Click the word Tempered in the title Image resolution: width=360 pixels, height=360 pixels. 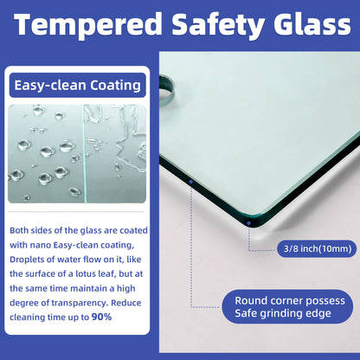click(x=88, y=25)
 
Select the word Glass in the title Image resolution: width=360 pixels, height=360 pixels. click(x=312, y=23)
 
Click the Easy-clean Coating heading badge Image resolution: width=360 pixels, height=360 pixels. click(x=78, y=86)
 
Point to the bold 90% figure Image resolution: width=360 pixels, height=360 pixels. click(x=101, y=317)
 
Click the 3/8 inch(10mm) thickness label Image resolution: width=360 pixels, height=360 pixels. click(x=317, y=248)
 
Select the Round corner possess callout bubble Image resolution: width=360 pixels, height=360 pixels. click(x=287, y=306)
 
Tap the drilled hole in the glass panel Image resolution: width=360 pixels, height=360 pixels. click(x=166, y=89)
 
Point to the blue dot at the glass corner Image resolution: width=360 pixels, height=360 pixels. click(x=248, y=223)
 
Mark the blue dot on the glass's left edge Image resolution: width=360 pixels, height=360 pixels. click(x=191, y=182)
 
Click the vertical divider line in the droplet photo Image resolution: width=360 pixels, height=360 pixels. click(x=85, y=154)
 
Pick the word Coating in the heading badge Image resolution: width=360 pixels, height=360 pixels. click(x=115, y=86)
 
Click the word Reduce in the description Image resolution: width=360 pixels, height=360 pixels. click(x=126, y=303)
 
